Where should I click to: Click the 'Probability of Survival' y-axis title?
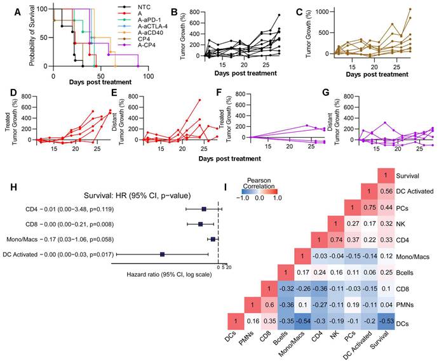click(x=30, y=37)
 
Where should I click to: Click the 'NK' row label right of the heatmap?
click(x=408, y=224)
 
